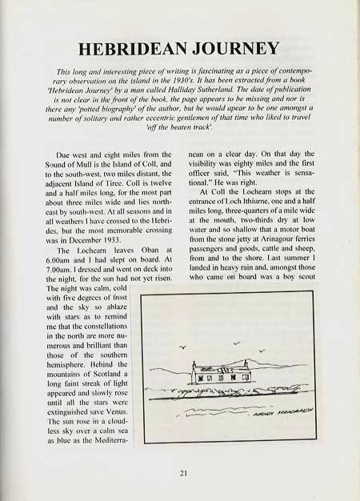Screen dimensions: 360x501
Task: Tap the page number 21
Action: click(x=184, y=474)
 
